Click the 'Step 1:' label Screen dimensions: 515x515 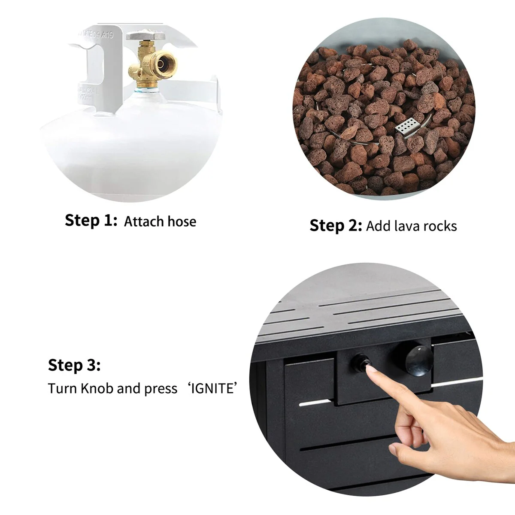[x=91, y=221]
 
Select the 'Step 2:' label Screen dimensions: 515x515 [x=336, y=225]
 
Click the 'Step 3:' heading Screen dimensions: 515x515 [x=74, y=365]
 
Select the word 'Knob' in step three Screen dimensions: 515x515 [x=97, y=388]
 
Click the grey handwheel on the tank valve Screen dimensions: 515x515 [x=145, y=36]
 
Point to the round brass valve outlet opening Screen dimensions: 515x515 [x=162, y=64]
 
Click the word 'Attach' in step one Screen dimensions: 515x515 [x=144, y=221]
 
